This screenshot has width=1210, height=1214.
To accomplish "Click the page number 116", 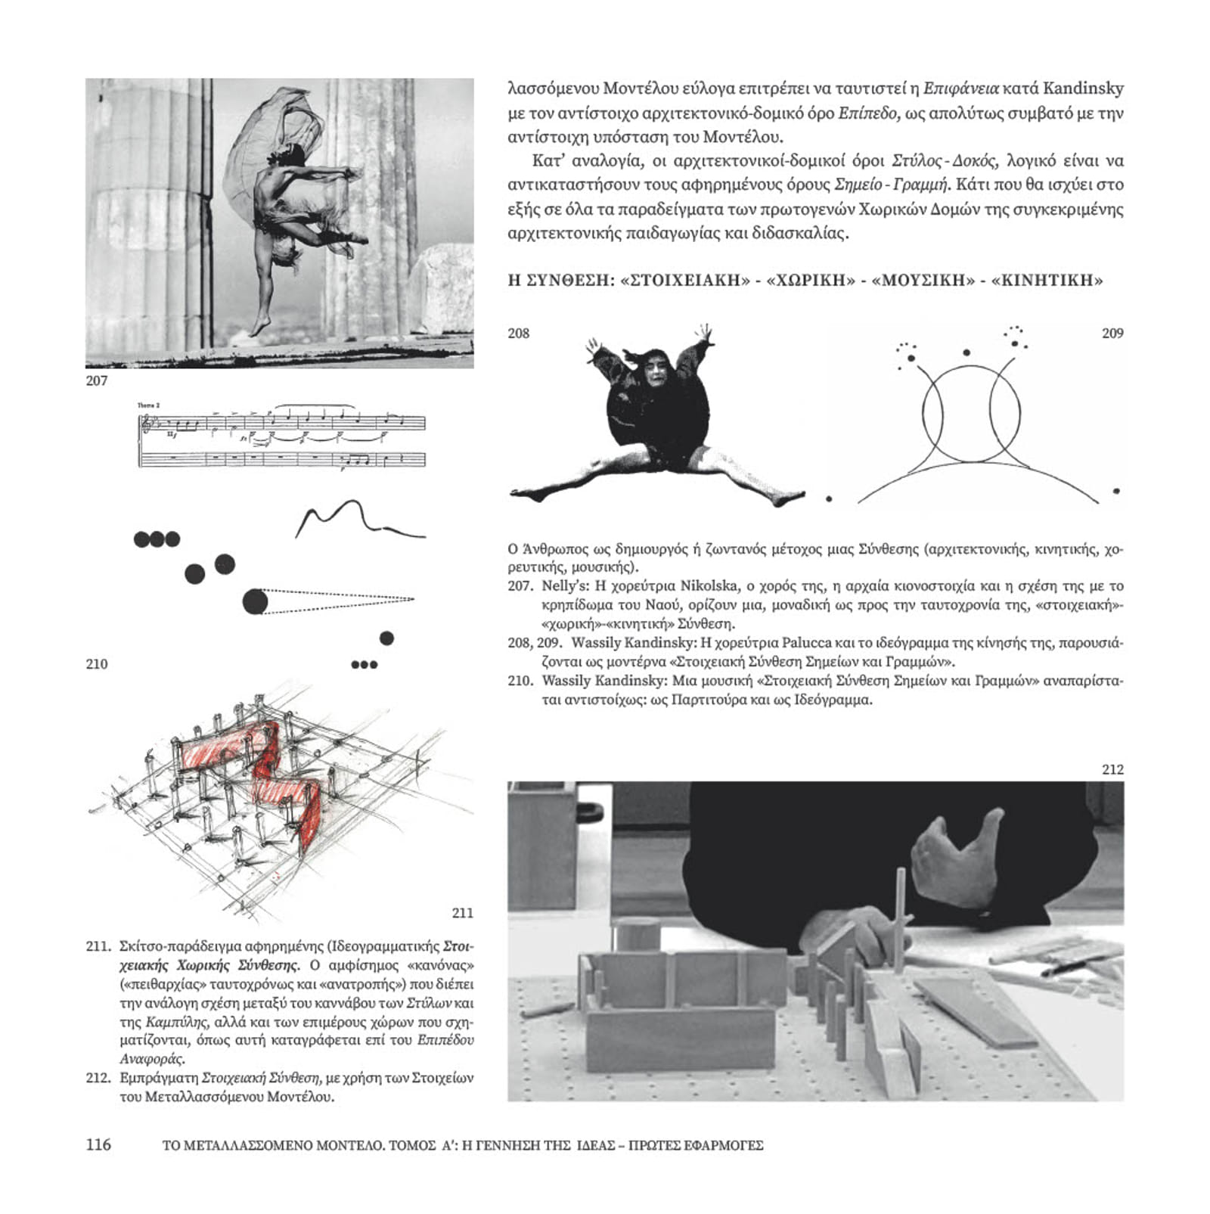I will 98,1144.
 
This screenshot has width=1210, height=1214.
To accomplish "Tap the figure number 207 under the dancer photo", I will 97,380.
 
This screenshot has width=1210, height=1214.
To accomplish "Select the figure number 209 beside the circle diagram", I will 1112,333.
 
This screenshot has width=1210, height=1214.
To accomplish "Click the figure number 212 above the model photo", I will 1112,769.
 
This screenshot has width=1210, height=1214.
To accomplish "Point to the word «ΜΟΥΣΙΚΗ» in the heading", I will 923,281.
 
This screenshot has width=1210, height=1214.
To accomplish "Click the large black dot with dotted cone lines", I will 256,602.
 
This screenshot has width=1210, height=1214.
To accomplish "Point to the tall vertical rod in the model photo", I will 900,919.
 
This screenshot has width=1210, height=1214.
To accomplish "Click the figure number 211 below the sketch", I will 462,913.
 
